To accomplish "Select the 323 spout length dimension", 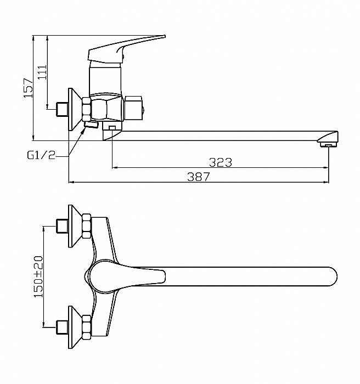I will (x=220, y=162).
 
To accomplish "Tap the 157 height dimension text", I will (x=27, y=87).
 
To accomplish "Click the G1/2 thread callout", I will (x=41, y=155).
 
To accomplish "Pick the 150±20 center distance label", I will (x=38, y=278).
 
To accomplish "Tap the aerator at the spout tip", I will (x=328, y=144).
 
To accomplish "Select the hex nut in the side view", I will (x=86, y=109).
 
